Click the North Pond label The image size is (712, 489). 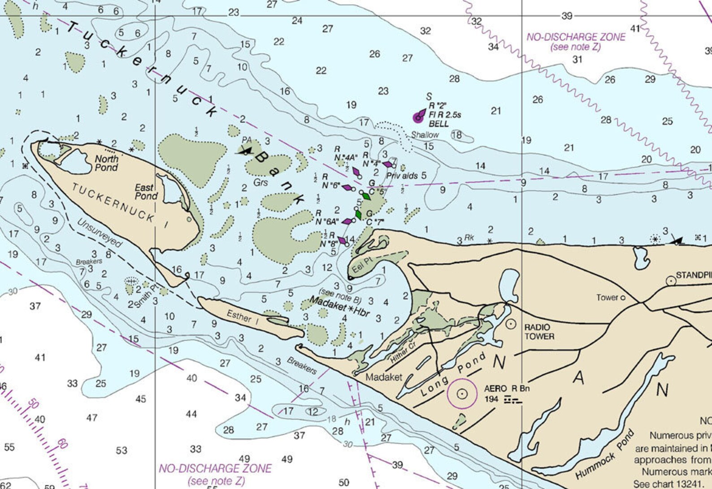click(106, 163)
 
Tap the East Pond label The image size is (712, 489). click(146, 192)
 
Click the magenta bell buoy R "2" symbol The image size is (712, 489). click(418, 117)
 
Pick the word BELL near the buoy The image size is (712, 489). click(438, 124)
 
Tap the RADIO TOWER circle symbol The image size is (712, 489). click(510, 323)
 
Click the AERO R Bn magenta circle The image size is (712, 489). click(462, 394)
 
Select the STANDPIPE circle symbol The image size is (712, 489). click(671, 281)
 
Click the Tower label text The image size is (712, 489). click(607, 298)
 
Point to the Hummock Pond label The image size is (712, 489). click(604, 454)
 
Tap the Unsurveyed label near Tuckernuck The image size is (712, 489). click(99, 233)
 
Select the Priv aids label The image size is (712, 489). click(402, 176)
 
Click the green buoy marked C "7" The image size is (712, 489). click(358, 215)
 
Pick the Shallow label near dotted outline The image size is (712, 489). click(425, 135)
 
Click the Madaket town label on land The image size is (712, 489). click(383, 377)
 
